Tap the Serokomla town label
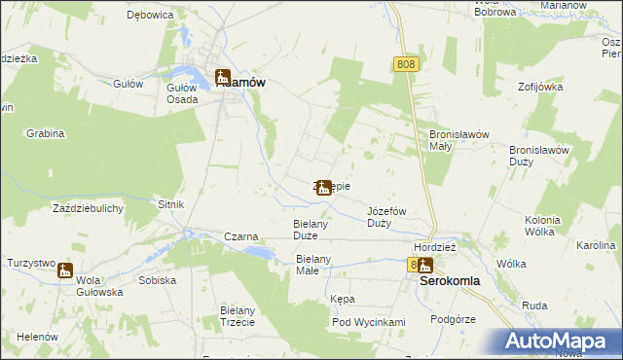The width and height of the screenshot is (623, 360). click(x=456, y=279)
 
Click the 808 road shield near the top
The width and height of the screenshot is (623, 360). click(x=407, y=64)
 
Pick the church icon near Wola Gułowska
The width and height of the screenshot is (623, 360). click(x=65, y=270)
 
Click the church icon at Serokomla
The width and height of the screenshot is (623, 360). click(x=424, y=265)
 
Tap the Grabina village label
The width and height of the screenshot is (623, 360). click(x=45, y=132)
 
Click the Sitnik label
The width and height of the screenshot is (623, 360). click(x=170, y=204)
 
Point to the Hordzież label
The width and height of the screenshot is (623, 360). click(x=435, y=247)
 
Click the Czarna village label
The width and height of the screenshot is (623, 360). click(x=240, y=236)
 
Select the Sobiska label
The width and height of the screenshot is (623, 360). click(x=157, y=280)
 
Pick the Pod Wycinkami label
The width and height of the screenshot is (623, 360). click(x=368, y=322)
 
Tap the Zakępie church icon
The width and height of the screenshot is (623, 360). click(x=323, y=188)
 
